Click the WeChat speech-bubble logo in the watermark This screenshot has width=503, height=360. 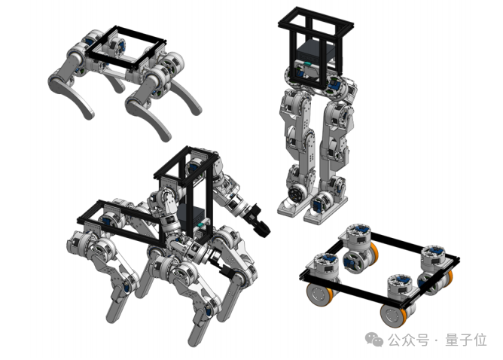coord(373,339)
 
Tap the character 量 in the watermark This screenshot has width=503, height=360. coord(452,340)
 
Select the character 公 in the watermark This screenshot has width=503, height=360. coord(395,340)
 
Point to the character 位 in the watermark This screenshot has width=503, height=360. coord(480,340)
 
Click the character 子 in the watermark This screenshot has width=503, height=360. coord(466,340)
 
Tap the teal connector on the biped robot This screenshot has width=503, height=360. coord(309,63)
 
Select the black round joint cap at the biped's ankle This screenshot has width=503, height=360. coord(294,194)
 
